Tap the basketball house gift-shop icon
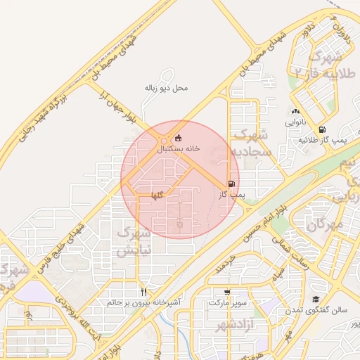pyautogui.click(x=177, y=138)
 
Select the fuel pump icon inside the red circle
pyautogui.click(x=231, y=184)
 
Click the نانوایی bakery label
pyautogui.click(x=294, y=122)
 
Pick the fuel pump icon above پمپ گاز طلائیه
pyautogui.click(x=322, y=129)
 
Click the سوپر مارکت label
pyautogui.click(x=227, y=303)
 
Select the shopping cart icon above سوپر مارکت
pyautogui.click(x=226, y=292)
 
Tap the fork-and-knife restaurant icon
pyautogui.click(x=143, y=292)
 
